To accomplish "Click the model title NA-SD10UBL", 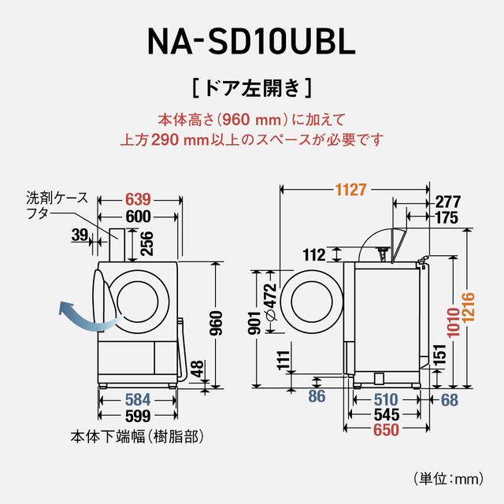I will coord(252,39).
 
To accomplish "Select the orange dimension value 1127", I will coord(352,190).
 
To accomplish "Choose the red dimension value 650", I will coord(385,430).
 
